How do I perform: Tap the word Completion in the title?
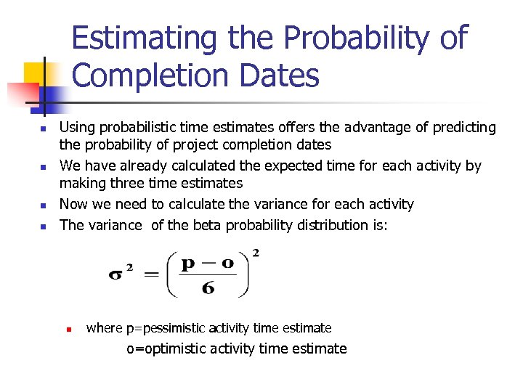[145, 75]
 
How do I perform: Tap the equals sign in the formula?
[150, 276]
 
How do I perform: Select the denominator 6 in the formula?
[208, 288]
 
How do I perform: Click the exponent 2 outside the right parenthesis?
[255, 253]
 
